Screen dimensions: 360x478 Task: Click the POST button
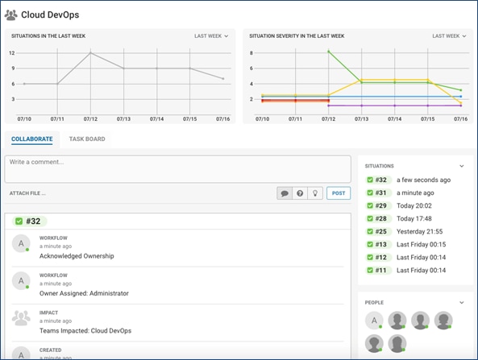tap(339, 193)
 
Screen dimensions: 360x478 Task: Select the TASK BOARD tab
tap(87, 139)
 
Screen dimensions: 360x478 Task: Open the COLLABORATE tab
tap(32, 139)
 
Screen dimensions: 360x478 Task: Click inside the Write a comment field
tap(177, 168)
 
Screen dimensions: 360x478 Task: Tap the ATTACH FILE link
tap(27, 193)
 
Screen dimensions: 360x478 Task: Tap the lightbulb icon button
tap(316, 193)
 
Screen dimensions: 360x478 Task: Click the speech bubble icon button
tap(285, 193)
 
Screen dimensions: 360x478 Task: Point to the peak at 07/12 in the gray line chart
tap(90, 53)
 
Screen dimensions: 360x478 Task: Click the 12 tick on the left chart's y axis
tap(12, 53)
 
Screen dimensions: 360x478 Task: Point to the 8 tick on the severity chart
tap(251, 53)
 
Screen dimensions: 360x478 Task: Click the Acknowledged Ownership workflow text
tap(77, 256)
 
